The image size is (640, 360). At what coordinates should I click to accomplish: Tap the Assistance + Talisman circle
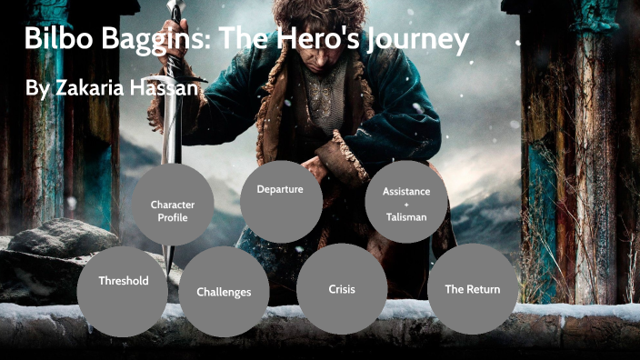pos(406,204)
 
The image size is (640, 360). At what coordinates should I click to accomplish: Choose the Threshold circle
pos(124,281)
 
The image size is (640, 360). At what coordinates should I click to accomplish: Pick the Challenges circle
pos(224,291)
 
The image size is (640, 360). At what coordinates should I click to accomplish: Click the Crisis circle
pos(342,288)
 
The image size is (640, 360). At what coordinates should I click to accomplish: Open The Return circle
pos(472,288)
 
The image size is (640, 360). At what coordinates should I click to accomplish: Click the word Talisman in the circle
pos(405,217)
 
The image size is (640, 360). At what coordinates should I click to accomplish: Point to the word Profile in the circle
pos(172,218)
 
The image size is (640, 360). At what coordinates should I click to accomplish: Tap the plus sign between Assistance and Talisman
pos(406,205)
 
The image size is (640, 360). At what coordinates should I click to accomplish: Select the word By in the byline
pos(34,87)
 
